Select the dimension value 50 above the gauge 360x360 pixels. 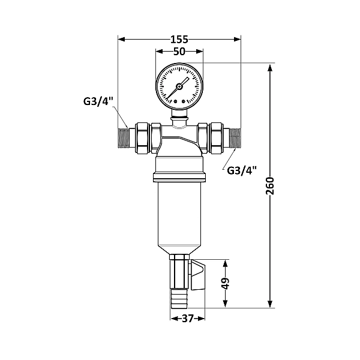point(179,52)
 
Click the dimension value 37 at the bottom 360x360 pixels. point(187,319)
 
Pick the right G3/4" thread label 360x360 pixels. point(242,170)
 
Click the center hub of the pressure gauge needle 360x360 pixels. point(179,86)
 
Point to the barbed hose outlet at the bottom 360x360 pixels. point(179,297)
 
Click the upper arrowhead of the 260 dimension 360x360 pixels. point(269,68)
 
